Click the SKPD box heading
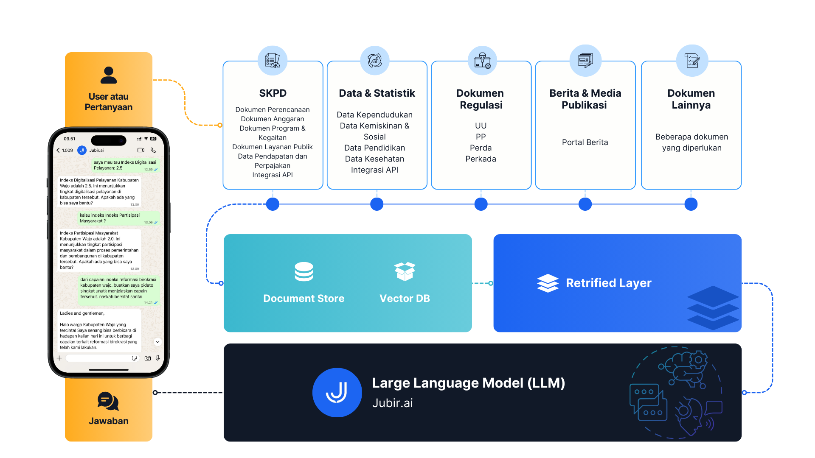tap(273, 93)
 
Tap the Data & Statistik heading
tap(377, 93)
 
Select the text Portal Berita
tap(585, 142)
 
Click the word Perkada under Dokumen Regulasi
tap(481, 159)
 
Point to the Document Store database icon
tap(304, 272)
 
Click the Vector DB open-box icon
tap(405, 271)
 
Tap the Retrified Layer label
tap(608, 283)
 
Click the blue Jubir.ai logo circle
tap(337, 393)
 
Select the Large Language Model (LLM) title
tap(468, 383)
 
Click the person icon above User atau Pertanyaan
tap(109, 75)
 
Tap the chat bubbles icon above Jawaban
tap(108, 401)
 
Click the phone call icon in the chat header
tap(153, 150)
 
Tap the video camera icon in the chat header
tap(141, 150)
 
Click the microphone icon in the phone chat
tap(158, 358)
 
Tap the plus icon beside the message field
tap(59, 358)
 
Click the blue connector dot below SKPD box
tap(273, 204)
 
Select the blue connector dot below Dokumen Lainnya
tap(691, 204)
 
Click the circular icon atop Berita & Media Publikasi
tap(586, 60)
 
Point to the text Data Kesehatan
tap(374, 159)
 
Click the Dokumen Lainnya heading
tap(691, 99)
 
